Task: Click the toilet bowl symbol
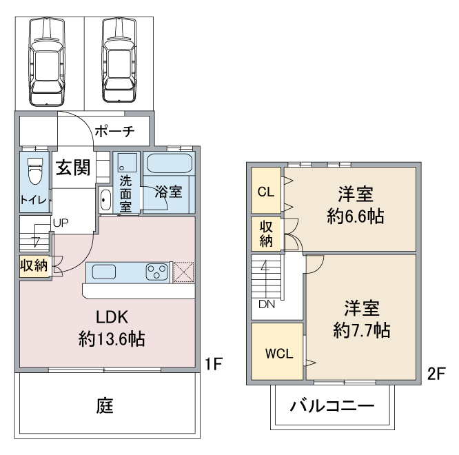[x=35, y=171]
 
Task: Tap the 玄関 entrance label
[x=73, y=168]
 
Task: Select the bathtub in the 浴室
[x=170, y=164]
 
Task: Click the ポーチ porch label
[x=114, y=131]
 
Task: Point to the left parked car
[x=47, y=61]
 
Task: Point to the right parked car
[x=119, y=60]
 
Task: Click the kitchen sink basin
[x=104, y=272]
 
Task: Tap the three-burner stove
[x=157, y=272]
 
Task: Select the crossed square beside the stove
[x=183, y=272]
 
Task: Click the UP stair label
[x=61, y=223]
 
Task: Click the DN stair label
[x=267, y=305]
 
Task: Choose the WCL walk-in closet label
[x=279, y=354]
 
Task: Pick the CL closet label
[x=266, y=192]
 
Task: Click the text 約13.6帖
[x=112, y=339]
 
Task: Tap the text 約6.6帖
[x=356, y=216]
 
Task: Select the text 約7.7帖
[x=362, y=330]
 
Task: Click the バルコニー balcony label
[x=332, y=406]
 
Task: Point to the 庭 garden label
[x=105, y=405]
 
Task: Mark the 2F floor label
[x=436, y=374]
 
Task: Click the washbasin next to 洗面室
[x=105, y=200]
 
